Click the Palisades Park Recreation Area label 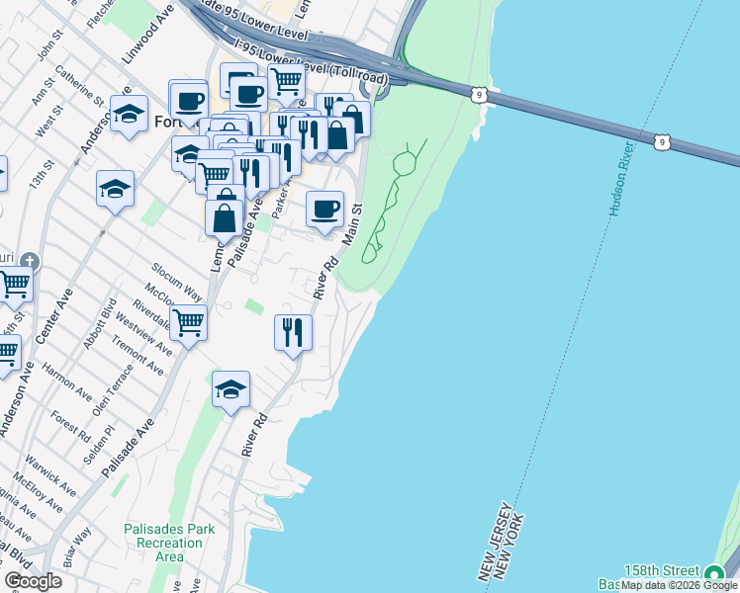point(169,543)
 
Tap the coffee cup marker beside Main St point(324,210)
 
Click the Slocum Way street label point(177,282)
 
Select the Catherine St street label point(80,85)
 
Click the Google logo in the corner point(33,581)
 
